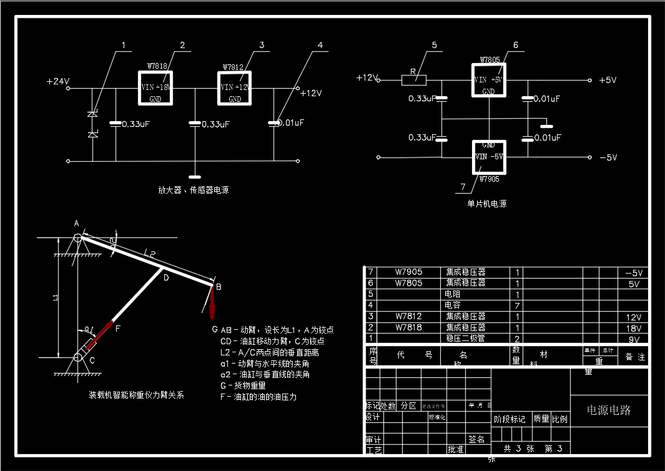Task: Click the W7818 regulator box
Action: coord(155,88)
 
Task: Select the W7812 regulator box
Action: coord(234,88)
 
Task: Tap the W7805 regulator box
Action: coord(488,80)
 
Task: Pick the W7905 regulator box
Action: coord(488,157)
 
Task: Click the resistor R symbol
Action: coord(413,79)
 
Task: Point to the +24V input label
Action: coord(57,81)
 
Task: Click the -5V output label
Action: coord(608,157)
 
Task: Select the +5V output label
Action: coord(608,81)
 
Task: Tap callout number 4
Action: coord(320,45)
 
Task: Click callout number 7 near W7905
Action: coord(463,186)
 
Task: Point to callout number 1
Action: coord(124,45)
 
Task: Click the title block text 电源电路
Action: coord(608,410)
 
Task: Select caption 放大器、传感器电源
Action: coord(193,189)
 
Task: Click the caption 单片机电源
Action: coord(487,204)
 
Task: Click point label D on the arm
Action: coord(165,278)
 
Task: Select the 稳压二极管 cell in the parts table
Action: coord(465,339)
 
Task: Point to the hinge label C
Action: coord(92,360)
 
